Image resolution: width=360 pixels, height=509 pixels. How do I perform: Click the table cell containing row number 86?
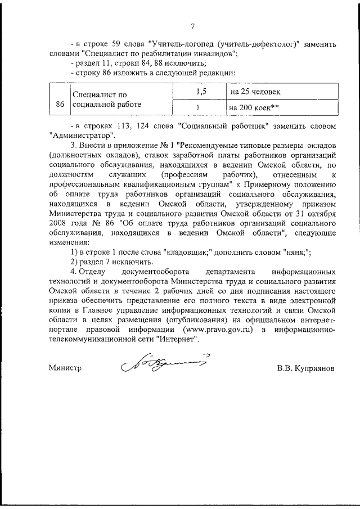[60, 105]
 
